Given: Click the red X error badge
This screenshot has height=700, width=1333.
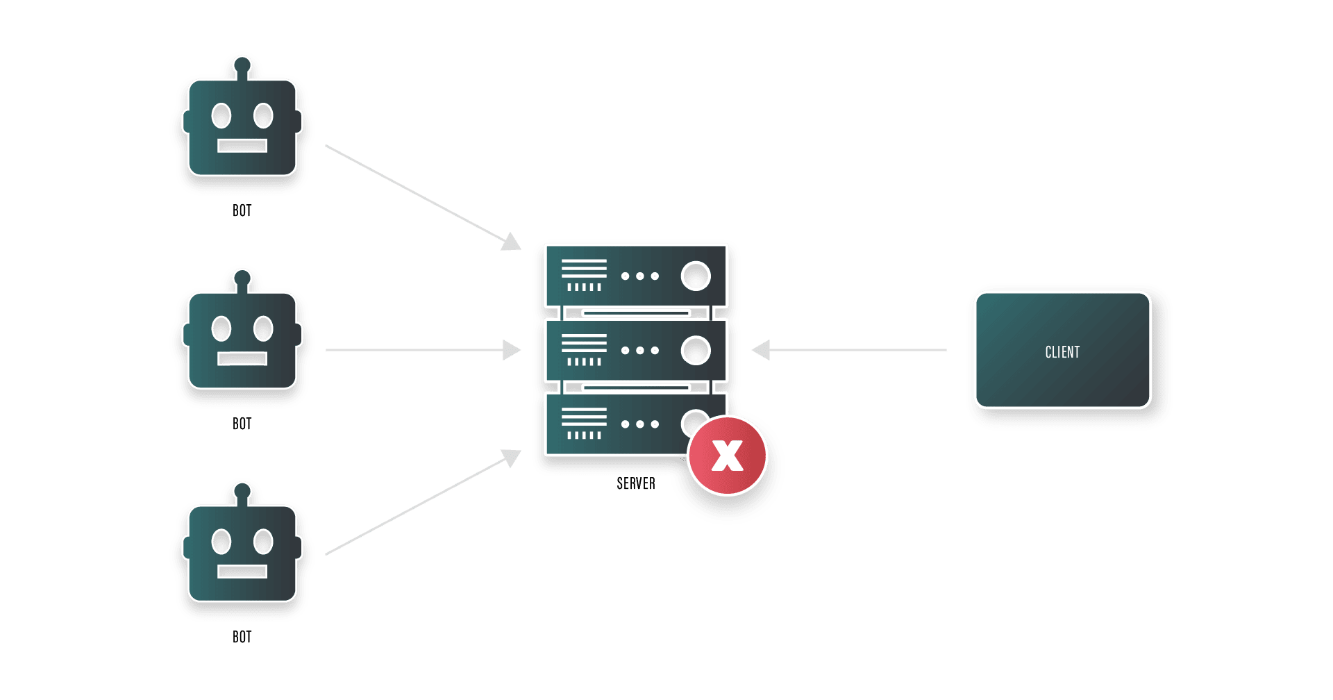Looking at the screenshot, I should pyautogui.click(x=727, y=456).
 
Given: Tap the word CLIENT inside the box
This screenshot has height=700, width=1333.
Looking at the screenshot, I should pyautogui.click(x=1062, y=352).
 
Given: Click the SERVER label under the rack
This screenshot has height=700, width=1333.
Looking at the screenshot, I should pyautogui.click(x=635, y=483).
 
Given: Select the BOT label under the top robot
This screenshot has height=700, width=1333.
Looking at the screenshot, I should pyautogui.click(x=242, y=210).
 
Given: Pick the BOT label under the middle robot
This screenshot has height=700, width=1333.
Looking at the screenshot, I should pyautogui.click(x=242, y=424).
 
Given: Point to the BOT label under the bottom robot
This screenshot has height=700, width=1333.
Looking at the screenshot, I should pyautogui.click(x=242, y=637).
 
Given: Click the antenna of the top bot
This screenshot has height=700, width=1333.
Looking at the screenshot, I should pyautogui.click(x=242, y=67).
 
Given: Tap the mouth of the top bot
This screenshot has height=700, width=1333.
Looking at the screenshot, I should pyautogui.click(x=242, y=146).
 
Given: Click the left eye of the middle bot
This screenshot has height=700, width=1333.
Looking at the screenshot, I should pyautogui.click(x=221, y=328).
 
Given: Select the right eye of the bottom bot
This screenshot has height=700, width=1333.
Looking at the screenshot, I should pyautogui.click(x=263, y=542).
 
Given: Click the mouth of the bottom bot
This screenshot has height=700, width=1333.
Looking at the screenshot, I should pyautogui.click(x=242, y=572).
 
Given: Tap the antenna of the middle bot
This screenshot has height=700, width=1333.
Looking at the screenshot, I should pyautogui.click(x=242, y=280).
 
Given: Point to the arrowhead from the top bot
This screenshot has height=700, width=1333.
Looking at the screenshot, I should pyautogui.click(x=512, y=242).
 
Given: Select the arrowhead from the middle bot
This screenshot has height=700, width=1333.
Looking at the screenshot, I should pyautogui.click(x=512, y=350).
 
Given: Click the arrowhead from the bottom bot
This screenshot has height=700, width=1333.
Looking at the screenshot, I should pyautogui.click(x=512, y=458).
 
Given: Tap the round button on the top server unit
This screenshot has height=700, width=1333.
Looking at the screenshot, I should pyautogui.click(x=696, y=276).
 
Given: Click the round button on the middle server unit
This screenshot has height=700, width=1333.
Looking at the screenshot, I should pyautogui.click(x=696, y=351).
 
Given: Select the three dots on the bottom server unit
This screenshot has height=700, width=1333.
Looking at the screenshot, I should pyautogui.click(x=640, y=424).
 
